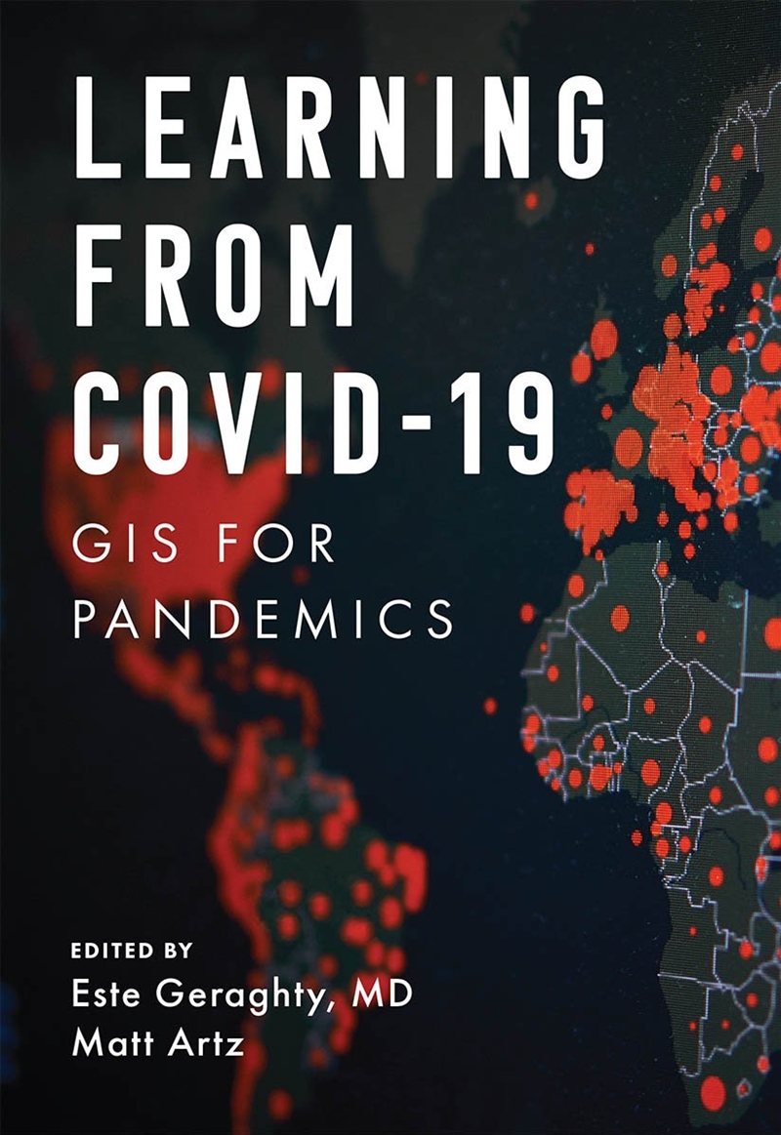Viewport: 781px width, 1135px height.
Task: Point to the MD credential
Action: (x=382, y=995)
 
